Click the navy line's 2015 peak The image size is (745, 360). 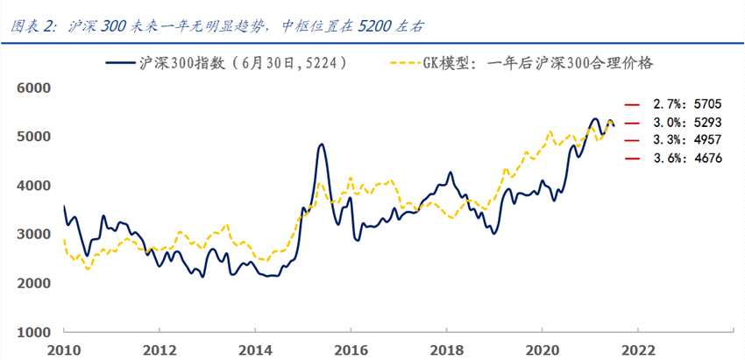(321, 145)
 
